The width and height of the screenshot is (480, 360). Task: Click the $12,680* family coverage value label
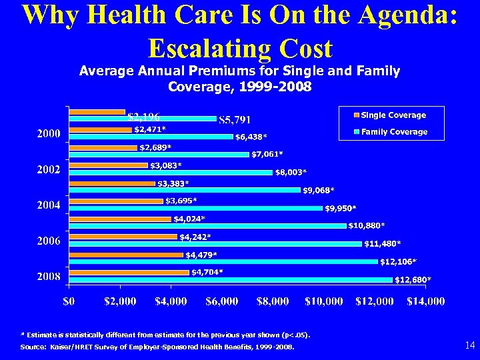click(x=413, y=279)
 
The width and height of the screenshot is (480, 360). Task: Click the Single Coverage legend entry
click(x=393, y=115)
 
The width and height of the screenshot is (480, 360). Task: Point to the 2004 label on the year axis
click(x=48, y=205)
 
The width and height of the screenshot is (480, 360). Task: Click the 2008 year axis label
click(x=48, y=276)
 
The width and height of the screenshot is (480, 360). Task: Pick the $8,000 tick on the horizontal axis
click(x=273, y=301)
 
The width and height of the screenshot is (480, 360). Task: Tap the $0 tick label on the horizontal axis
click(x=69, y=301)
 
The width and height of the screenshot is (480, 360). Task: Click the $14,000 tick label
click(x=426, y=301)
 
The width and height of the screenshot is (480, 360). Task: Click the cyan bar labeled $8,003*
click(x=171, y=172)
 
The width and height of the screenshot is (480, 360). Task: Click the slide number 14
click(x=469, y=345)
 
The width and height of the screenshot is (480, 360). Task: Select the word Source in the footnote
click(x=33, y=347)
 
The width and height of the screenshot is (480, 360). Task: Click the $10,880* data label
click(x=366, y=225)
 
